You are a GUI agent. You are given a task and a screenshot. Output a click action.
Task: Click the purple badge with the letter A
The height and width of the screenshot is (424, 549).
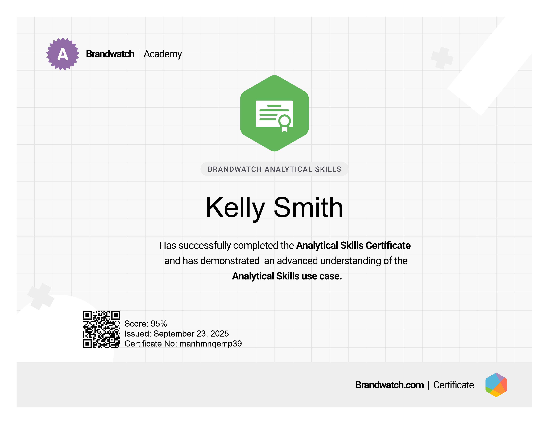(63, 54)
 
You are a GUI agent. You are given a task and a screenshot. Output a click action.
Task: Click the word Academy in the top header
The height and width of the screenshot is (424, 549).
(163, 54)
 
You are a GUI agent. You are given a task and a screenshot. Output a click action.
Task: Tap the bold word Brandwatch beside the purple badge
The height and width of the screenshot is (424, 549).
(110, 54)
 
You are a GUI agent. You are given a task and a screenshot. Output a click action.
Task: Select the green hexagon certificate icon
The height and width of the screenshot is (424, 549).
(274, 113)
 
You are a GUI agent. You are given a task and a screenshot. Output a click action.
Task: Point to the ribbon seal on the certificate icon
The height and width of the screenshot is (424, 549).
(284, 123)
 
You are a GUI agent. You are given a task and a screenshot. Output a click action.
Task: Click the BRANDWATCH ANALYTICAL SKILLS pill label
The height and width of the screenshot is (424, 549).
(274, 169)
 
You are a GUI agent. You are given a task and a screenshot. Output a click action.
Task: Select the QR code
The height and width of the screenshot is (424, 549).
(101, 329)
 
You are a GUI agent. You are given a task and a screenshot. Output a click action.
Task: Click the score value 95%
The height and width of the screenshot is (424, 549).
(159, 324)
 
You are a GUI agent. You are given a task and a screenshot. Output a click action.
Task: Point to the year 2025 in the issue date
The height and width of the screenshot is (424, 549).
(219, 334)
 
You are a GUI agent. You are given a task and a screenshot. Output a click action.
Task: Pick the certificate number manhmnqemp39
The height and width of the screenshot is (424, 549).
(211, 344)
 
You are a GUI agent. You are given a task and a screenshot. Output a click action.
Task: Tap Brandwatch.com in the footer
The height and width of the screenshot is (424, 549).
(389, 385)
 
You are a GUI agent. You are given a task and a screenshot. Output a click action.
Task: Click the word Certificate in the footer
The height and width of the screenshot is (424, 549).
(454, 385)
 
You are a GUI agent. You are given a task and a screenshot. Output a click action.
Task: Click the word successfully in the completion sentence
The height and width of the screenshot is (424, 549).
(205, 246)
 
